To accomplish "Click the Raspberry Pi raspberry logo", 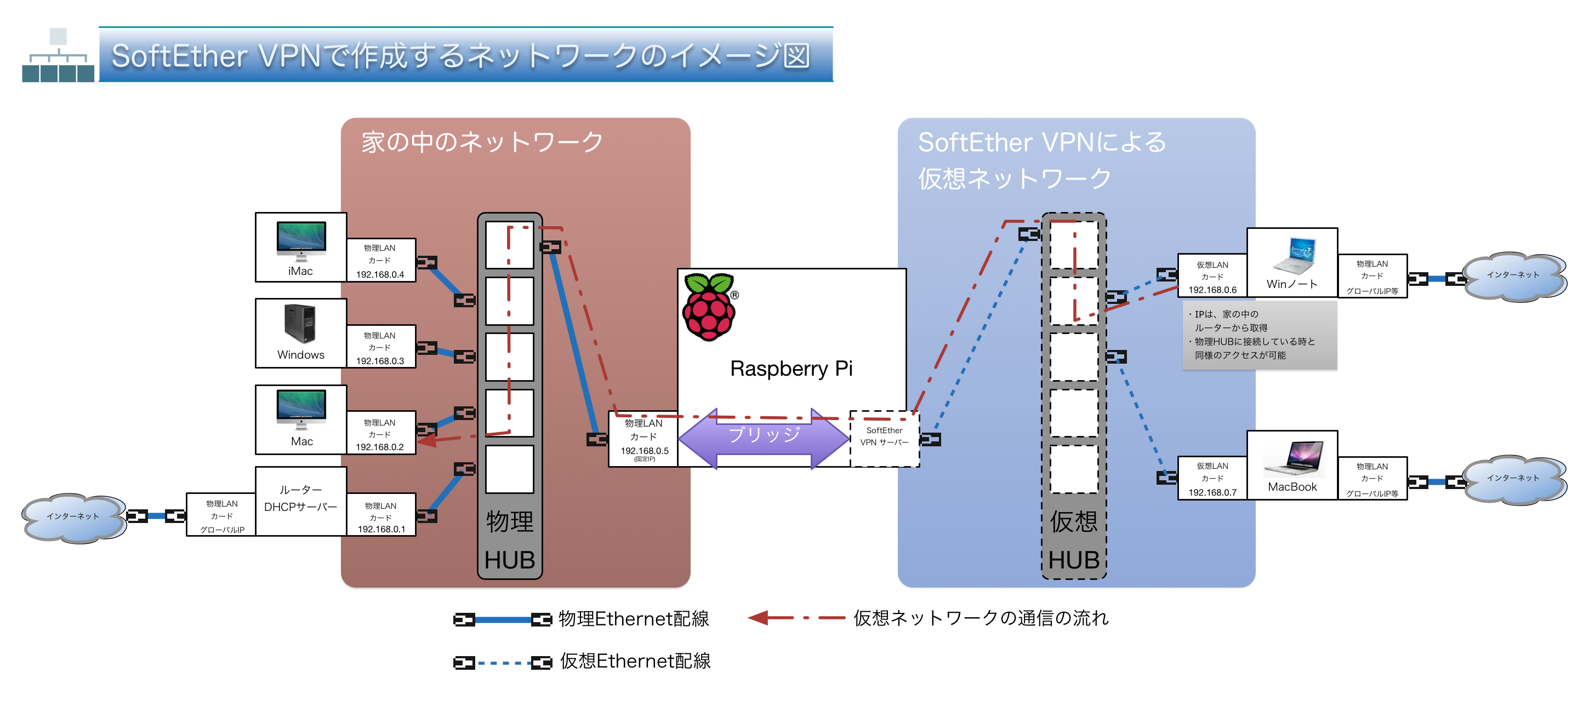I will [709, 307].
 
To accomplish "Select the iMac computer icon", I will [301, 240].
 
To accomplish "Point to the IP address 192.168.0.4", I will [380, 274].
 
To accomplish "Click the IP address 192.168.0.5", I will [644, 451].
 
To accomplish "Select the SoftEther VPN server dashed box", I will [884, 438].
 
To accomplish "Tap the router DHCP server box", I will [300, 501].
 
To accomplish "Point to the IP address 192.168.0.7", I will [1212, 492].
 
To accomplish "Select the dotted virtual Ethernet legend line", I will [503, 663].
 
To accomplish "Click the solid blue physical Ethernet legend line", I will [503, 619].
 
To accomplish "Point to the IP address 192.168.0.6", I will [1212, 290].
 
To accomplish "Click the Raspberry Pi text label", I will [791, 369].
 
